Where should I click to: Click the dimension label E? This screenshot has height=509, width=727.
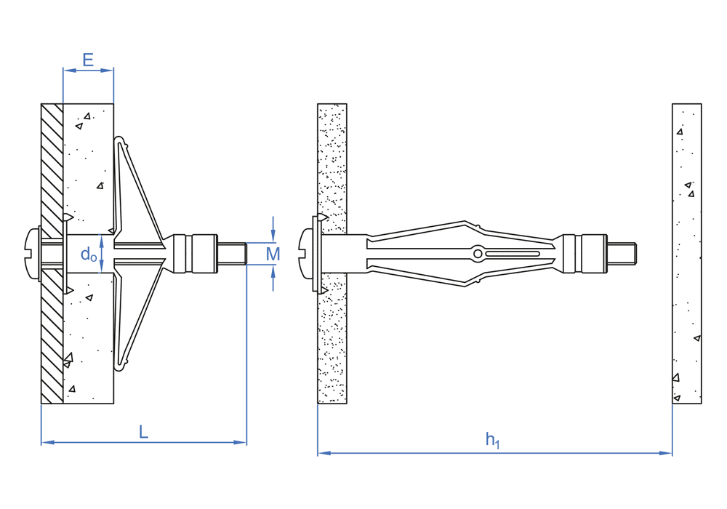[88, 60]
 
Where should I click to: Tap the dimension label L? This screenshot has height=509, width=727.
[144, 432]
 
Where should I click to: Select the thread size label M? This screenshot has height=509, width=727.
[273, 254]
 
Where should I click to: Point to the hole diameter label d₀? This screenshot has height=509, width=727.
[89, 254]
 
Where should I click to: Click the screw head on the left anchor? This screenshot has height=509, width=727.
[32, 254]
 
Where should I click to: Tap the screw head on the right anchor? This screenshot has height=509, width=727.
[307, 254]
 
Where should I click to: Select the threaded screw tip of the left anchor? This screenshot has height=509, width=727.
[232, 254]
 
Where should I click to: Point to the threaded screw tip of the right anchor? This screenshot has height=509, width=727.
[622, 254]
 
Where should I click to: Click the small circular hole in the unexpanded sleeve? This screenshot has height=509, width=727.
[478, 254]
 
